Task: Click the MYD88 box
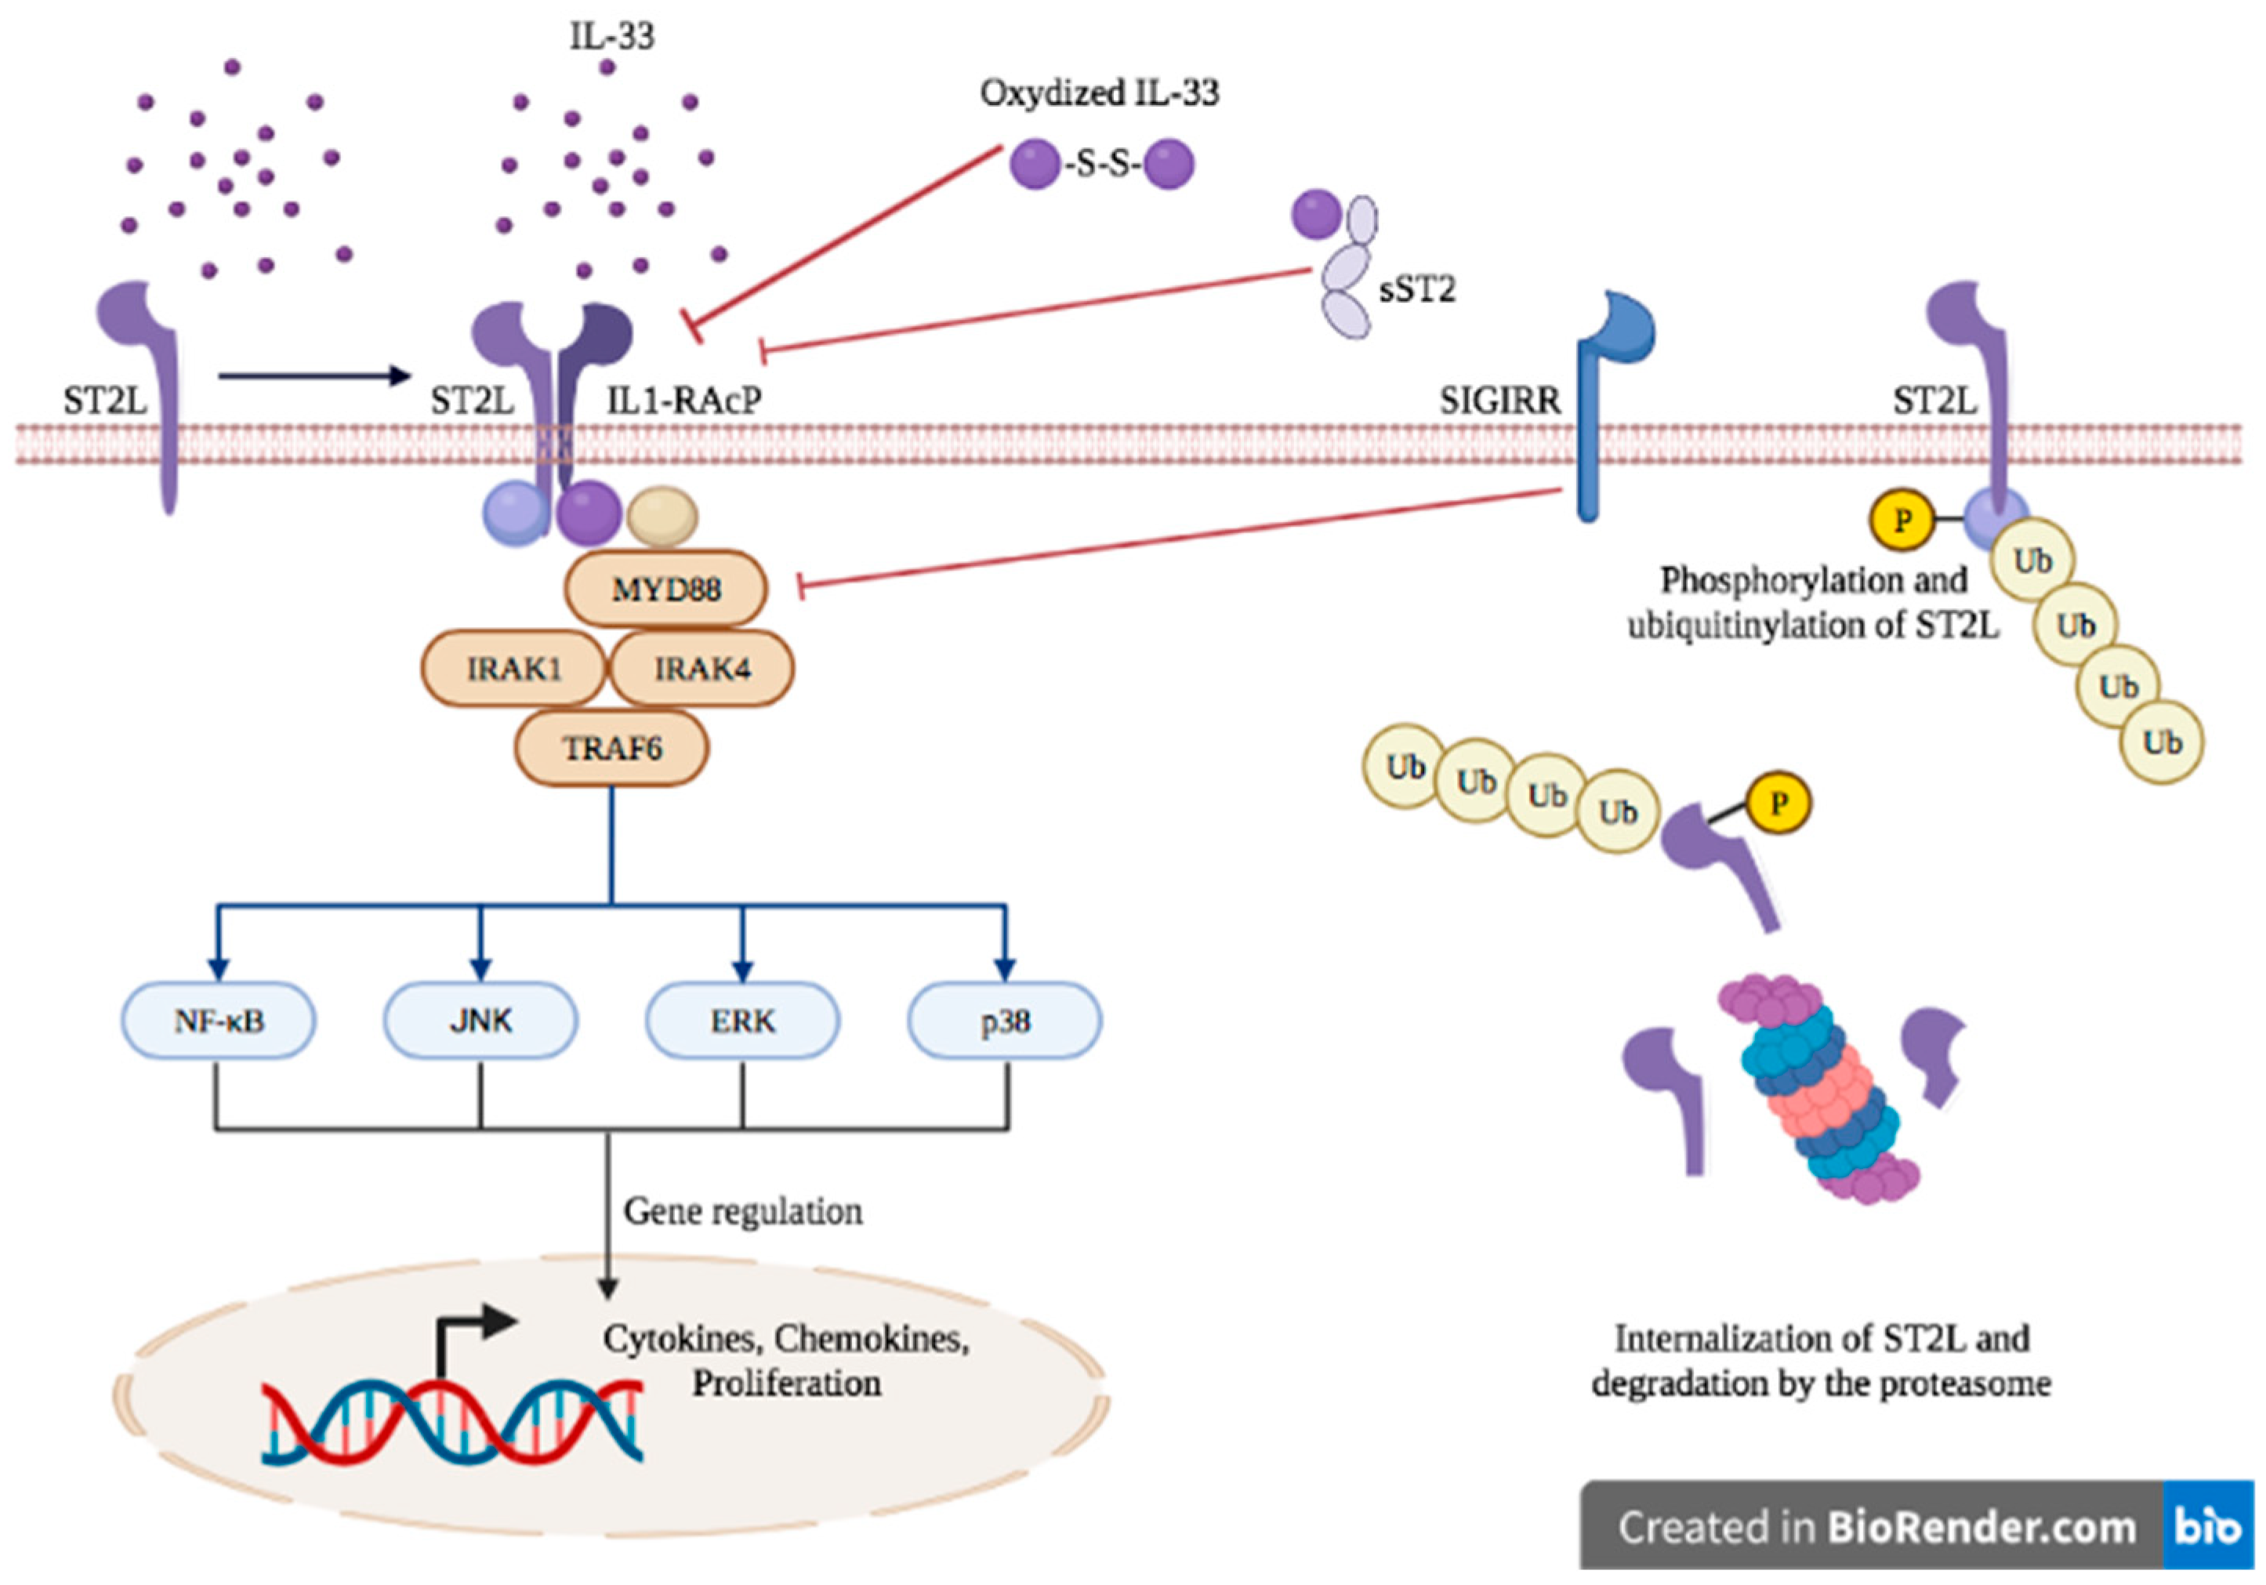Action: click(665, 589)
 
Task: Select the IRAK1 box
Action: click(513, 669)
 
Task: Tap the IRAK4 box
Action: click(702, 669)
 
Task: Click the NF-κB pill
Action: click(219, 1021)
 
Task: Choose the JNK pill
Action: click(480, 1021)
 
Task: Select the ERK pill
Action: click(742, 1021)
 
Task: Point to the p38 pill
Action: click(1005, 1021)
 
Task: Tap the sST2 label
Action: click(1417, 289)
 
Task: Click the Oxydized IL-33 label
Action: click(1098, 92)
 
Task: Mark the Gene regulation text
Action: click(742, 1211)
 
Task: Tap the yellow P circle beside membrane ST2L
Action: click(1901, 520)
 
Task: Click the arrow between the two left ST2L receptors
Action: click(313, 375)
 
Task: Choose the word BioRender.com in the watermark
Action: click(1981, 1528)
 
